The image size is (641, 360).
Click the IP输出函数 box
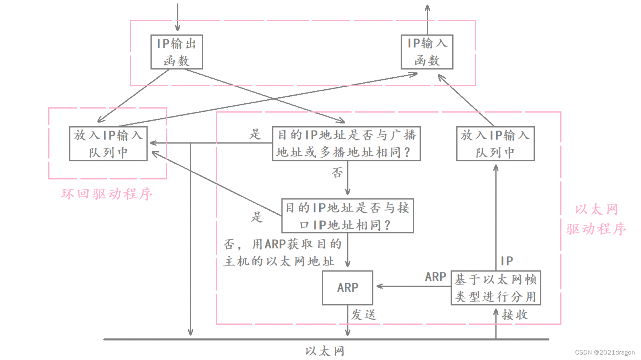(x=177, y=52)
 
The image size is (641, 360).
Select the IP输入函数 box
(x=427, y=52)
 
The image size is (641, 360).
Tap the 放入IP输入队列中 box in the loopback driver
(x=108, y=143)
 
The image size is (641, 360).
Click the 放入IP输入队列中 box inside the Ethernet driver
(x=495, y=143)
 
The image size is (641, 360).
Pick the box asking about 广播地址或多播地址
(x=347, y=143)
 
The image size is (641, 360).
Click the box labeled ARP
(x=347, y=288)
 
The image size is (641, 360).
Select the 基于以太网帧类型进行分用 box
(x=496, y=288)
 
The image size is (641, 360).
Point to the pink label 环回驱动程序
(x=107, y=194)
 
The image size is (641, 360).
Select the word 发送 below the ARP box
(x=363, y=315)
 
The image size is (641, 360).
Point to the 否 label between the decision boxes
(x=337, y=173)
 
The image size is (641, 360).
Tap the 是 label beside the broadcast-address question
(x=256, y=134)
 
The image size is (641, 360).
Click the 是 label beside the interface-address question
(x=257, y=217)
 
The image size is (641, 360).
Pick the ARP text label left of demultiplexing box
(x=435, y=277)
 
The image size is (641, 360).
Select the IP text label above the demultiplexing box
(x=507, y=261)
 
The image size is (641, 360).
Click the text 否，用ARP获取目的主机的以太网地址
(x=283, y=252)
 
